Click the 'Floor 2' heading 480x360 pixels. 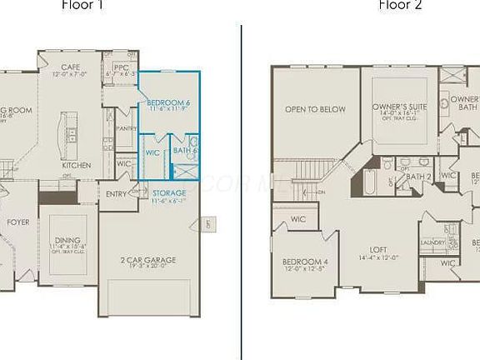(401, 4)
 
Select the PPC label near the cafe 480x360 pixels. (121, 67)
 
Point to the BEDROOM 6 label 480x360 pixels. (169, 102)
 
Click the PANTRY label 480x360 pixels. (127, 128)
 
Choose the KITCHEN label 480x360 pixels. (77, 165)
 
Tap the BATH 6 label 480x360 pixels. (184, 150)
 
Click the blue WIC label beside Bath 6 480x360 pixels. (152, 153)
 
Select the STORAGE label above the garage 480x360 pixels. (169, 193)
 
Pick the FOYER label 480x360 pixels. (18, 222)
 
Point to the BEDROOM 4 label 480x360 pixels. (305, 261)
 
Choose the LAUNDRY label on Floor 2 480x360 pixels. (431, 243)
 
